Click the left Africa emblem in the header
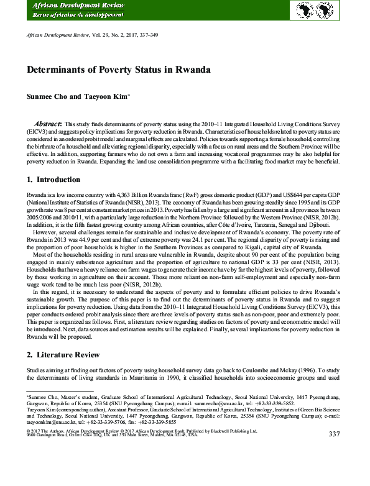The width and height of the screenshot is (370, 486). point(310,10)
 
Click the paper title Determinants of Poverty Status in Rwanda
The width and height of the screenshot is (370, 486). point(118,70)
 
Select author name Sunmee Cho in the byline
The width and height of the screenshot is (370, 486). point(48,96)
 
